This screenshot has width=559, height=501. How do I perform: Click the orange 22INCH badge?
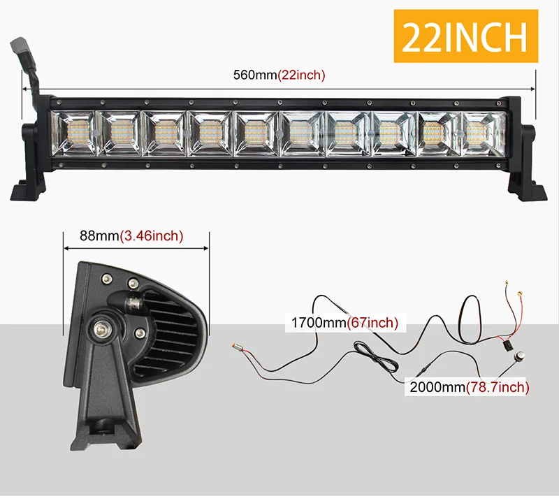coord(465,36)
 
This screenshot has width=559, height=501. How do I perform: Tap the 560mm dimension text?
coord(255,75)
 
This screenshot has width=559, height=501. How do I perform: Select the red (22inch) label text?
coord(301,75)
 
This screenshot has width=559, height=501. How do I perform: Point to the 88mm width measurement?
coord(99,235)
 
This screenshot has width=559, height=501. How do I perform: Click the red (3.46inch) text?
coord(151,236)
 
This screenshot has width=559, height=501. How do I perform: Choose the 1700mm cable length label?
coord(319,322)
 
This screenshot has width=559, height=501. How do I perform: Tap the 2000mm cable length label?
coord(438,387)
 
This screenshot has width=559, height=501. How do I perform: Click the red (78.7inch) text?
coord(498,387)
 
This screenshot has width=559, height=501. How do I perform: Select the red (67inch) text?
coord(372,322)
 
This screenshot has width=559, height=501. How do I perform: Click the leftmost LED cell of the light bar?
coord(73,133)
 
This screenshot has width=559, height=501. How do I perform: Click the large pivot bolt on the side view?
coord(101,330)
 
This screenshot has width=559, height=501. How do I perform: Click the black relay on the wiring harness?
coord(508,346)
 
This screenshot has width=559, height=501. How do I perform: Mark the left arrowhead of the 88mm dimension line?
coord(66,248)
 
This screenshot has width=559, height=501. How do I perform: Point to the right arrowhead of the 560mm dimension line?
coord(533,89)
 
